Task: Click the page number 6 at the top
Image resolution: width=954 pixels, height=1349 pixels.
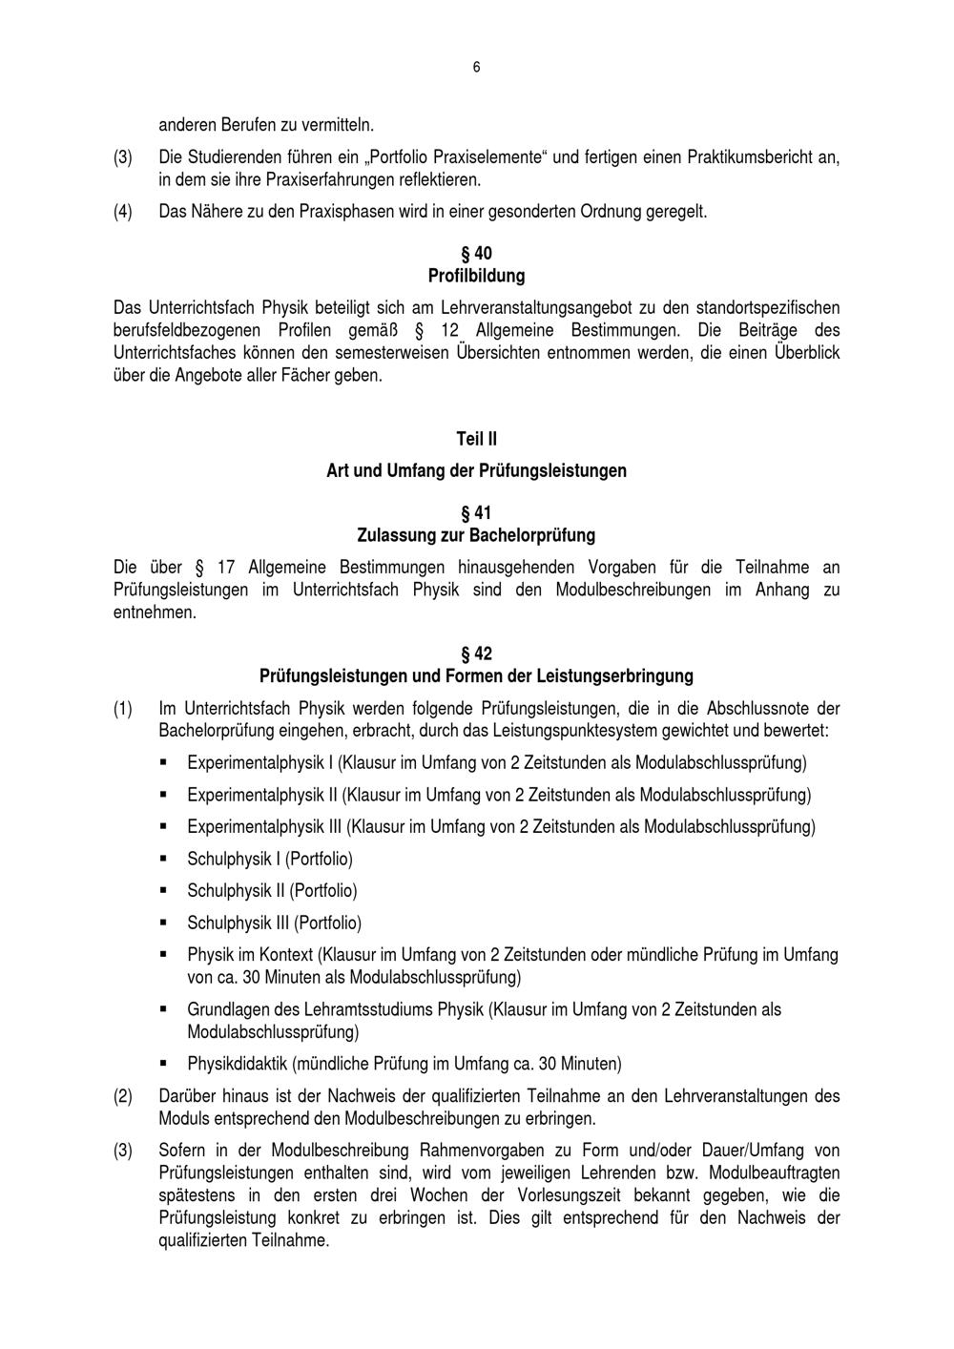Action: click(x=476, y=67)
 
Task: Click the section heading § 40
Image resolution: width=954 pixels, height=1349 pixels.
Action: click(x=476, y=254)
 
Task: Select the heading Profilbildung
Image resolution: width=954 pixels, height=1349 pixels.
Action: click(x=476, y=276)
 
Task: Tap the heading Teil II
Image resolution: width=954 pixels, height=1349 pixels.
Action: click(x=476, y=439)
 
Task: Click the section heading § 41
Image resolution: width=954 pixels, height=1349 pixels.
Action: click(x=476, y=513)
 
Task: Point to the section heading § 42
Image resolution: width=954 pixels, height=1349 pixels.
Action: click(x=476, y=654)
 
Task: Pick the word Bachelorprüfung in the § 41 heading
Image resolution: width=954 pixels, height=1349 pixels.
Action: click(x=536, y=535)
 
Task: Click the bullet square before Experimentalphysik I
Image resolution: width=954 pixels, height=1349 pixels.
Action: click(x=164, y=762)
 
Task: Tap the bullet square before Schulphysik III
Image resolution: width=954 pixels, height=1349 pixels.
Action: click(x=164, y=923)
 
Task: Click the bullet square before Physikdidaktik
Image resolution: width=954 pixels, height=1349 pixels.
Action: click(x=164, y=1063)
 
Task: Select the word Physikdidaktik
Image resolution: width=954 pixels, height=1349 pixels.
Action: click(x=238, y=1063)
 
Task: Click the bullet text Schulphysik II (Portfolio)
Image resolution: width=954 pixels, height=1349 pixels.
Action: click(x=272, y=890)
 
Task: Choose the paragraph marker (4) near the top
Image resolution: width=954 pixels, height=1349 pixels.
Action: click(x=123, y=211)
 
